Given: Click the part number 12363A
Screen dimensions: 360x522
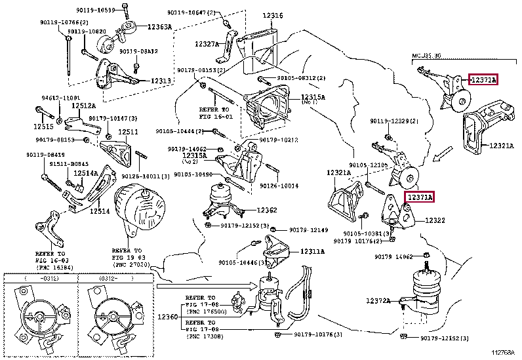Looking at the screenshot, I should (x=159, y=27).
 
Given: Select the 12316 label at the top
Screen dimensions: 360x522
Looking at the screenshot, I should (x=273, y=15).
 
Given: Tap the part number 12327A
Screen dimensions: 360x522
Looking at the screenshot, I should (x=207, y=44).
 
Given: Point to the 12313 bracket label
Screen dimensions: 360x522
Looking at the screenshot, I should (x=161, y=81).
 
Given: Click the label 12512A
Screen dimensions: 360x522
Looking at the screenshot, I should (x=83, y=105).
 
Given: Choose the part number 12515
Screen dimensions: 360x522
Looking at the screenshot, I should (x=43, y=126).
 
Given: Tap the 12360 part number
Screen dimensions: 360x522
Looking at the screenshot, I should (x=167, y=317).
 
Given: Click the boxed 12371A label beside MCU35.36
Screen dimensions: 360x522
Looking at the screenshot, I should (x=483, y=80).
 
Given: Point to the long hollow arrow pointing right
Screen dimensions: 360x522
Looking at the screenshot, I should (x=207, y=286).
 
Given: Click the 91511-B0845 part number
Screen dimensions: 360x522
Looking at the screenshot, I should (x=52, y=164).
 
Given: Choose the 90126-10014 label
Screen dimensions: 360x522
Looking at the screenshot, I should (x=297, y=186).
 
